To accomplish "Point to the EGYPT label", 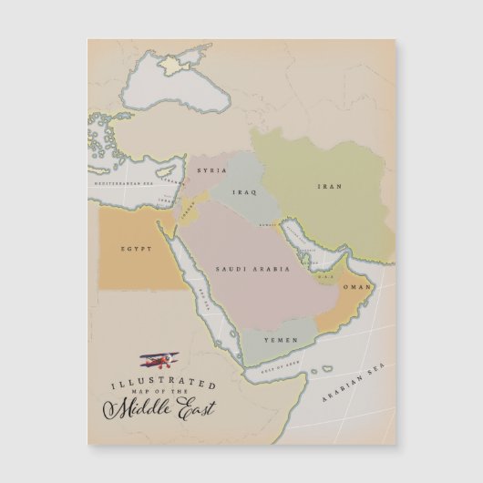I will pos(135,248).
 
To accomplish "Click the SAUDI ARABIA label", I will pos(252,270).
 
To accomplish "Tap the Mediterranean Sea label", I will pos(122,184).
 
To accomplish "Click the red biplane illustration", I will pos(159,362).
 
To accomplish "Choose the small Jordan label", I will pos(188,207).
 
